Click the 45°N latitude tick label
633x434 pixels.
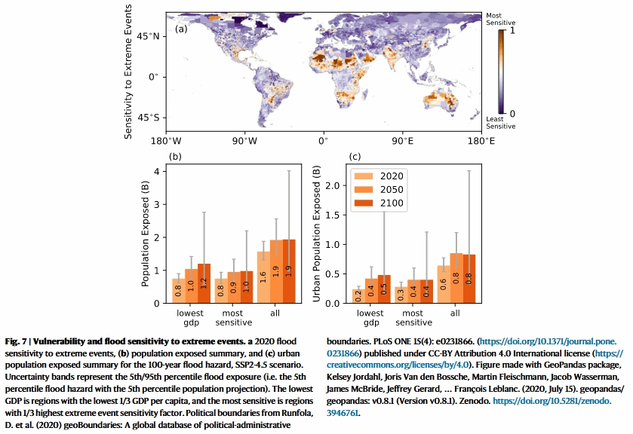[148, 36]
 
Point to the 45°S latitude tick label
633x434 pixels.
[148, 118]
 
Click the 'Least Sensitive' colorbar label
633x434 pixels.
[500, 122]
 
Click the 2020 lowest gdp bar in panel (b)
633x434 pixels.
[178, 290]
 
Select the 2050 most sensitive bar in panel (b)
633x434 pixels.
[234, 288]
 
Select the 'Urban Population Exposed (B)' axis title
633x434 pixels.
[318, 233]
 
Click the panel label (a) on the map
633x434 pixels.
[181, 29]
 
